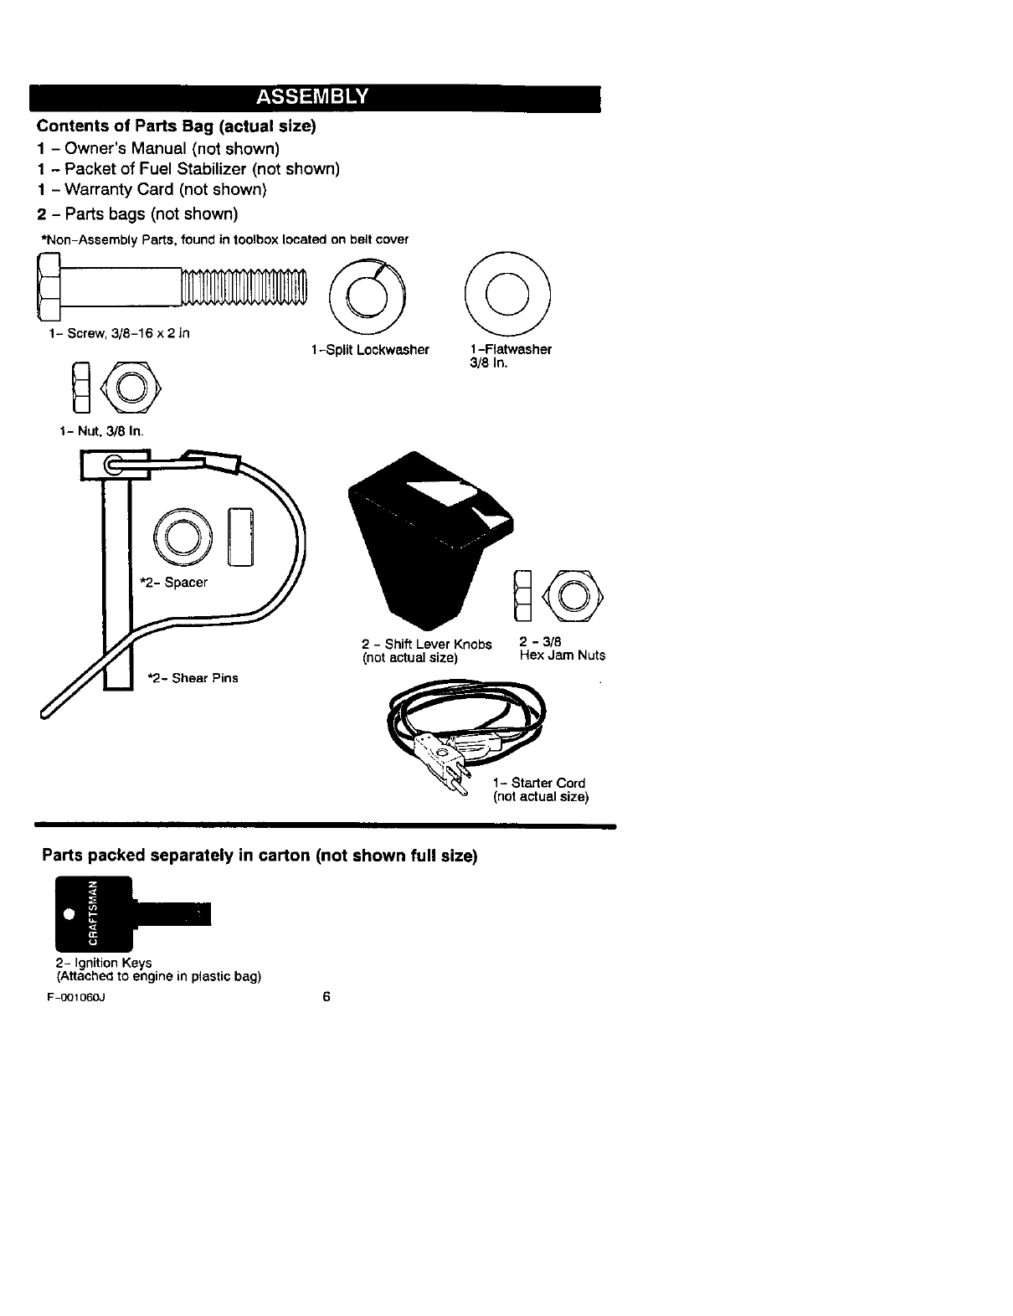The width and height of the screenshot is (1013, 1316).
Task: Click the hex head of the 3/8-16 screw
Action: click(x=47, y=290)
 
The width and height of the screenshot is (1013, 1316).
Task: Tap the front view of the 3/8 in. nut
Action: click(x=130, y=388)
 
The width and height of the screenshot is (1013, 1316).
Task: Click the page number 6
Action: click(x=327, y=996)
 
